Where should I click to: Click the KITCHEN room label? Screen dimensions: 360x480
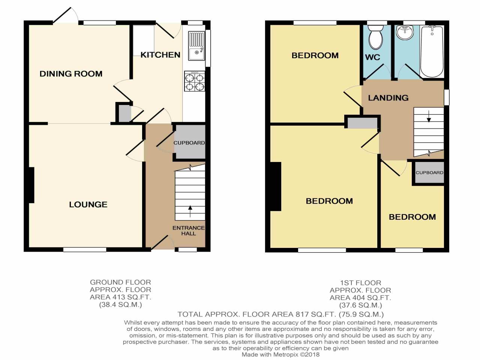[x=160, y=55]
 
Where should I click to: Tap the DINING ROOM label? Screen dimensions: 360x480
[x=71, y=74]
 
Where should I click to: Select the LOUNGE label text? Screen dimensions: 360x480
[x=88, y=204]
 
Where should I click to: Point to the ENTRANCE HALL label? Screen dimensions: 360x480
[x=188, y=231]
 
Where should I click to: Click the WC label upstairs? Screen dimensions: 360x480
[x=372, y=57]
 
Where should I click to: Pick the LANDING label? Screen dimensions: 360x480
[x=388, y=98]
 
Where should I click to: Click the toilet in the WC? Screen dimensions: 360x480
[x=375, y=37]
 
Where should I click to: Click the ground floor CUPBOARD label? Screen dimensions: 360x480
[x=189, y=143]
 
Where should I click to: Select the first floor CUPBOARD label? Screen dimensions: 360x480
[x=429, y=172]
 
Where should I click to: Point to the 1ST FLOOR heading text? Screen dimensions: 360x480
[x=360, y=283]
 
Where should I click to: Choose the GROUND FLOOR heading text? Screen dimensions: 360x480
[x=120, y=282]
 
